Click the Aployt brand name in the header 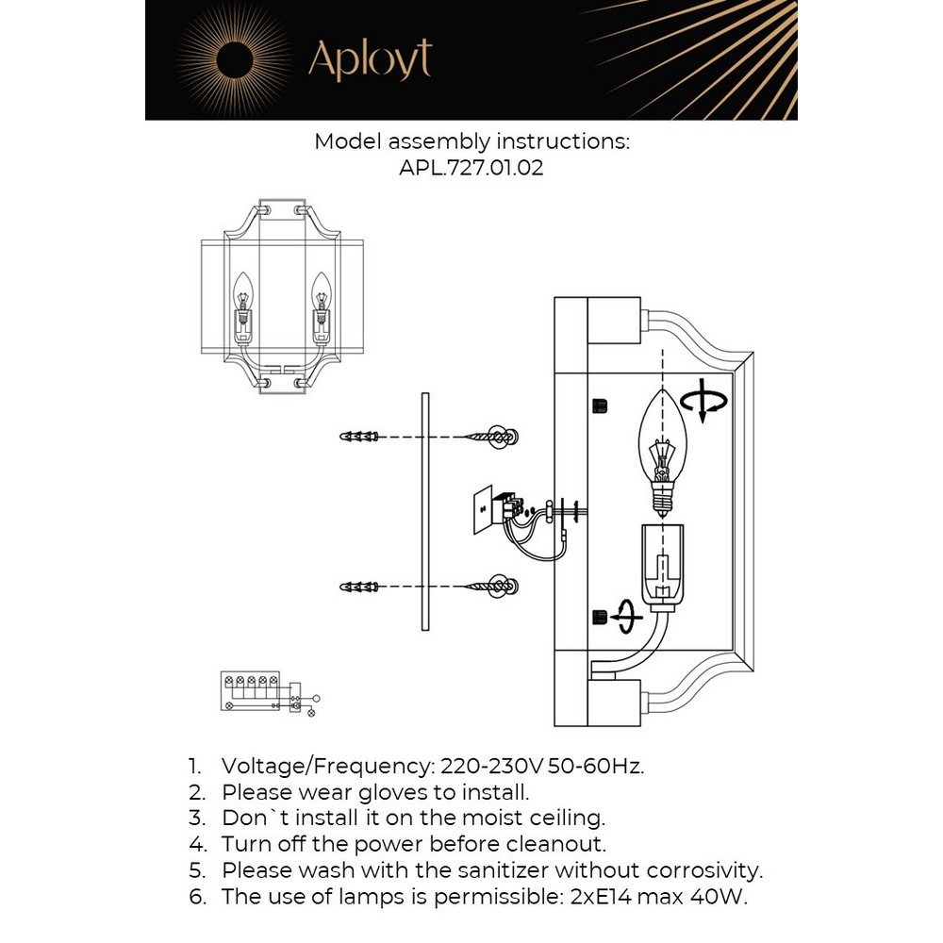point(370,59)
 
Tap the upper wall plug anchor point(359,437)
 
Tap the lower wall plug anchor point(359,587)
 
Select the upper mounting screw point(493,437)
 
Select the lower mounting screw point(493,587)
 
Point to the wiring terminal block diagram point(264,692)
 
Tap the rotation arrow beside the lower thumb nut point(626,616)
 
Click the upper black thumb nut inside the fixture point(598,405)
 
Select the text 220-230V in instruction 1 point(480,766)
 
